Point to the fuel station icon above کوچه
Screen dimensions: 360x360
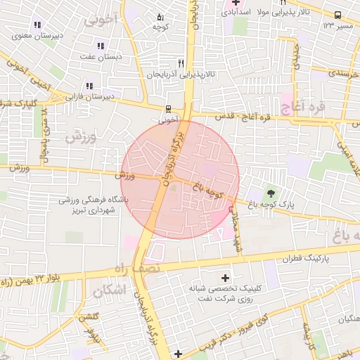point(160,16)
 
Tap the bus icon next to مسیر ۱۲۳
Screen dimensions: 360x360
point(338,15)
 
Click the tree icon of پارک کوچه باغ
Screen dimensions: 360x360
point(271,193)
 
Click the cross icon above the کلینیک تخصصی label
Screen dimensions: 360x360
point(225,278)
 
